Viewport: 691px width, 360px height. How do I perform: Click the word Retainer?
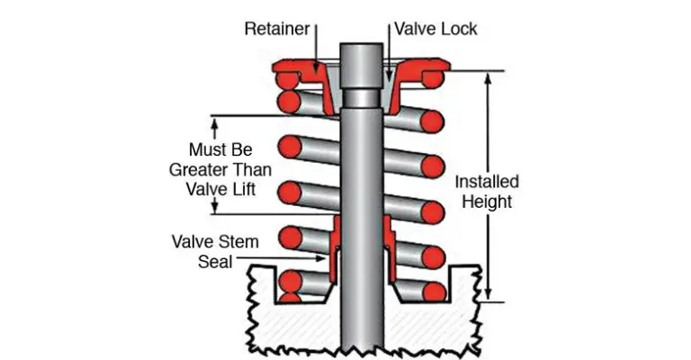coord(277,29)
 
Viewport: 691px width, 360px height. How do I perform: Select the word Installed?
coord(487,182)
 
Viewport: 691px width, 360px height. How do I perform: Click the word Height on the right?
coord(487,202)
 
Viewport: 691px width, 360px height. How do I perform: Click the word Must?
coord(207,149)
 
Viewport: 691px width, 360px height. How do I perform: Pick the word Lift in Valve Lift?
coord(245,190)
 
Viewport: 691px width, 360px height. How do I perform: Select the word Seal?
coord(215,262)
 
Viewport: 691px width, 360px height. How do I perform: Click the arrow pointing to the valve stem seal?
coord(281,258)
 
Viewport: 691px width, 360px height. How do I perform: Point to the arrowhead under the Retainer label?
coord(316,68)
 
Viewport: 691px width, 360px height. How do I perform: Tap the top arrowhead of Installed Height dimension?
coord(488,79)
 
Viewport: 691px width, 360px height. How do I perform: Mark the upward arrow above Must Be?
coord(215,128)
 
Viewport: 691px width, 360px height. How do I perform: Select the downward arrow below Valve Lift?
coord(215,205)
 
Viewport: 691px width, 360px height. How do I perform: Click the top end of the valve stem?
coord(362,44)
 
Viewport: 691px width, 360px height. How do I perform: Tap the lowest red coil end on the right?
coord(434,292)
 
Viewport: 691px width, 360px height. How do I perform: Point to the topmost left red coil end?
coord(286,80)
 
